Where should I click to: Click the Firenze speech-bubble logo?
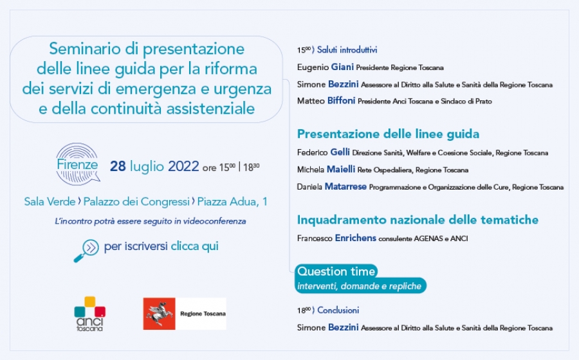78,164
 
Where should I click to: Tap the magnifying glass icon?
86,251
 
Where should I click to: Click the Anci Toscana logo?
89,314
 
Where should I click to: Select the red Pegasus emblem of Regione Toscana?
159,314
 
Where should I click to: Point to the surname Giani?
342,67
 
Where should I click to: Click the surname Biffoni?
341,101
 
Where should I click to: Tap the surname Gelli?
340,152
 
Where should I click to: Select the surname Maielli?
341,169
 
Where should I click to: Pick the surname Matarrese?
345,186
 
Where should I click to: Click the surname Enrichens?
355,238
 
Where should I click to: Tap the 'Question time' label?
336,271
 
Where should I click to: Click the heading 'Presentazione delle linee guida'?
388,134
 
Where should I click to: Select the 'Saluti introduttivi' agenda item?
347,50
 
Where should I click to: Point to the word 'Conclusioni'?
338,310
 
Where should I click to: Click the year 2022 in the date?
183,166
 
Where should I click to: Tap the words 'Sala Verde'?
50,201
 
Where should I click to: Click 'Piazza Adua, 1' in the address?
232,202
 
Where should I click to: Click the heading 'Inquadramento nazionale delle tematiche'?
418,220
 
